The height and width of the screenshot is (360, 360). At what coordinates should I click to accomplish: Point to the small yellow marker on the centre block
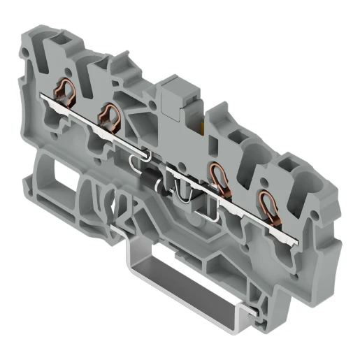pyautogui.click(x=203, y=127)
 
